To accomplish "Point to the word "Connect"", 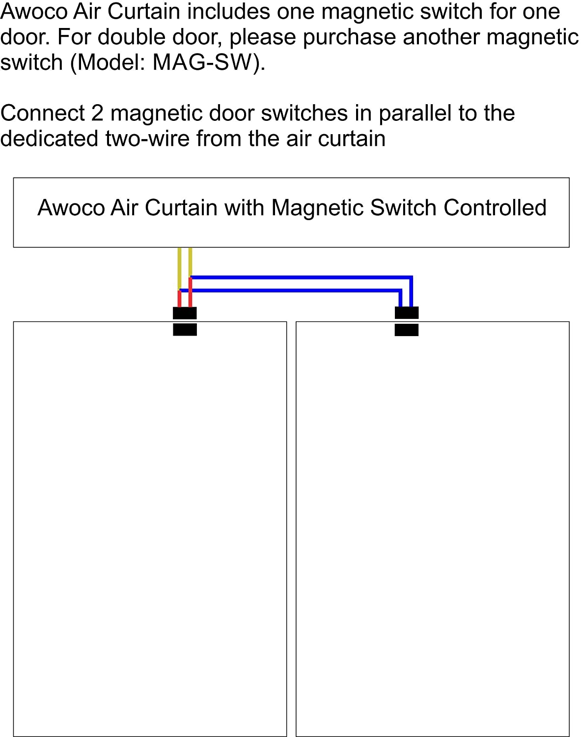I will click(x=43, y=113).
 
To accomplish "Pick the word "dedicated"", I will click(x=49, y=139).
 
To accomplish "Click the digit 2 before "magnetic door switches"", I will click(x=97, y=113).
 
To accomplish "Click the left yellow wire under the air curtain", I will click(x=179, y=268).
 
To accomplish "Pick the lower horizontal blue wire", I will click(x=295, y=290).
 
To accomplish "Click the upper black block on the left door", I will click(x=185, y=313).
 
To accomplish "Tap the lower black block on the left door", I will click(x=185, y=329).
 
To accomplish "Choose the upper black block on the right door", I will click(x=407, y=312).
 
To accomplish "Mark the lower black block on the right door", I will click(x=407, y=329).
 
